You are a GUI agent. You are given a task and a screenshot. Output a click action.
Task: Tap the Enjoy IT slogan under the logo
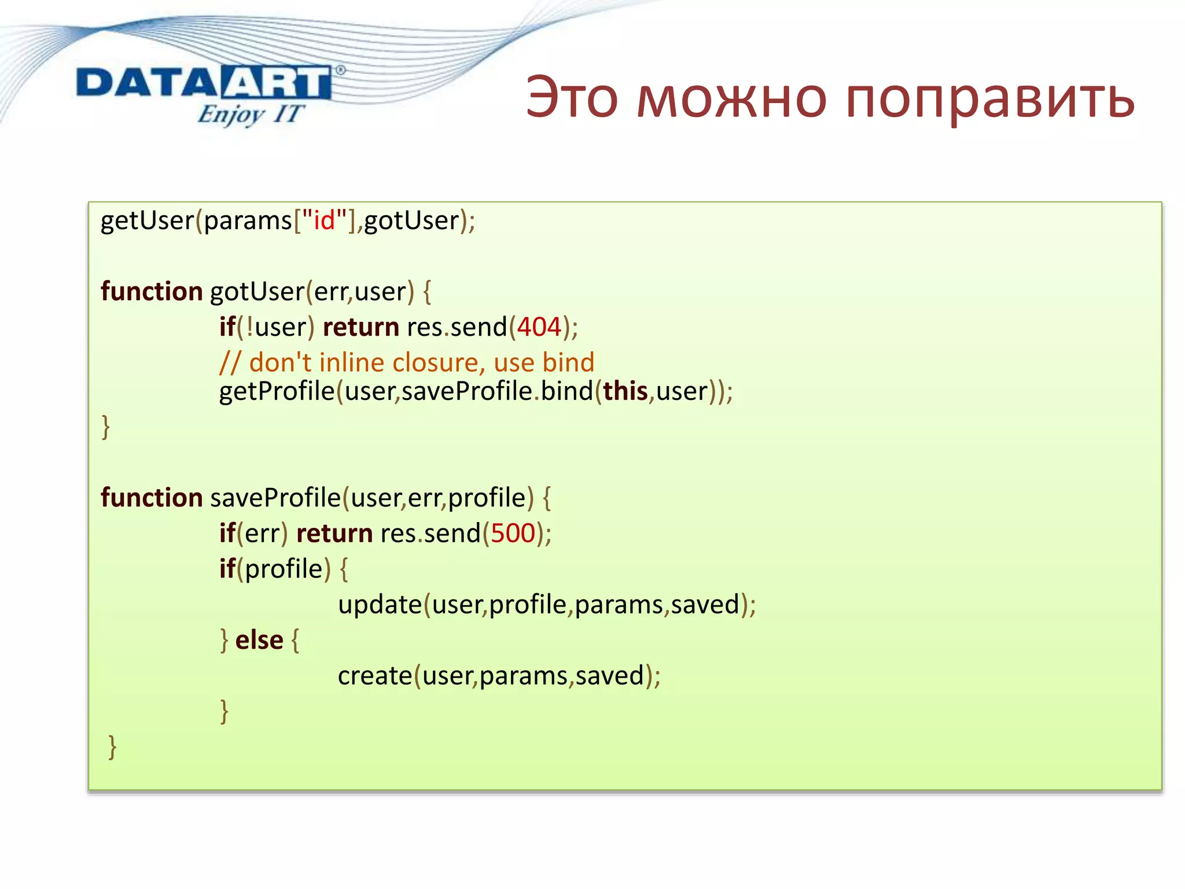click(x=249, y=114)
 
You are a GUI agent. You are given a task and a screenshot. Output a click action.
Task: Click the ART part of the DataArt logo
click(x=276, y=83)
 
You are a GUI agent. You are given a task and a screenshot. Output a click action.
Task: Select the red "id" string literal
click(x=325, y=221)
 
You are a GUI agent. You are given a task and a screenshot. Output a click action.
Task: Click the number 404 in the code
click(x=539, y=327)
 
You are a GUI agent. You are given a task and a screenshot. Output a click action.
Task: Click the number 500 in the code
click(x=513, y=533)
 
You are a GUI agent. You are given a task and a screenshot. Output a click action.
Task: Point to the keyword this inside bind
click(x=625, y=392)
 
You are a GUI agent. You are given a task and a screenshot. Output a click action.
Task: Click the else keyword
click(x=259, y=640)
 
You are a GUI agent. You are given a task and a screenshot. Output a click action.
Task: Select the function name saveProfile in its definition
click(x=275, y=498)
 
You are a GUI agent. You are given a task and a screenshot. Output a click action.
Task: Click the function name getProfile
click(x=277, y=392)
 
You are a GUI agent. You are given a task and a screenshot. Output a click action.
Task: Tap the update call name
click(x=380, y=605)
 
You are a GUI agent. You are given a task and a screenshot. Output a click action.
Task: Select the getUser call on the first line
click(x=147, y=221)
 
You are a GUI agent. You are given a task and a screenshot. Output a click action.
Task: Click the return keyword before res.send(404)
click(x=360, y=327)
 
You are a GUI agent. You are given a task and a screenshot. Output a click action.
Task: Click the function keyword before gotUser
click(x=152, y=291)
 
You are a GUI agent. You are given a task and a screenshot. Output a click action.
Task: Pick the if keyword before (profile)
click(x=227, y=569)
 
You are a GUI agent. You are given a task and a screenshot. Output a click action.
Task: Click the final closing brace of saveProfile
click(x=112, y=747)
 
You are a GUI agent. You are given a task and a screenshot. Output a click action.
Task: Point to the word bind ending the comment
click(x=568, y=363)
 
